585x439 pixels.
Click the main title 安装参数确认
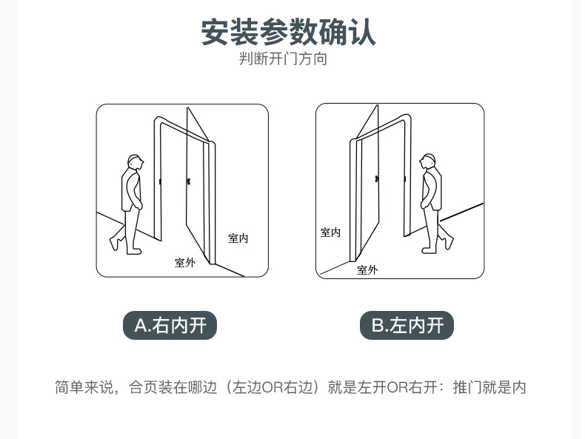coord(288,32)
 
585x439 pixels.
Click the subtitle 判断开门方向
coord(283,59)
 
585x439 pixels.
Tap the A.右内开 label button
coord(170,325)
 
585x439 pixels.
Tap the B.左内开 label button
coord(407,325)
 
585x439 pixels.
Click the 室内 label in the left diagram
coord(238,238)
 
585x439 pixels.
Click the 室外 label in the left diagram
coord(185,263)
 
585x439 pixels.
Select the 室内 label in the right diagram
coord(330,232)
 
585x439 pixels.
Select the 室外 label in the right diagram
coord(367,269)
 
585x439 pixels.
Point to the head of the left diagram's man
coord(136,162)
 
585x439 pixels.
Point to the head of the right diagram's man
coord(427,161)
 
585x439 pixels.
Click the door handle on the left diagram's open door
coord(188,181)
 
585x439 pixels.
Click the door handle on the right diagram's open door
coord(377,179)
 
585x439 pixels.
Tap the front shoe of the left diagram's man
coord(134,252)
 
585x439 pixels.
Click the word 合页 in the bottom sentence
coord(143,387)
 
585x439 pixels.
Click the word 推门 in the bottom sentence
coord(467,387)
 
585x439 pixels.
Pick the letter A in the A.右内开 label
coord(141,325)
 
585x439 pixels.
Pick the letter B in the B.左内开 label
coord(378,325)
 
